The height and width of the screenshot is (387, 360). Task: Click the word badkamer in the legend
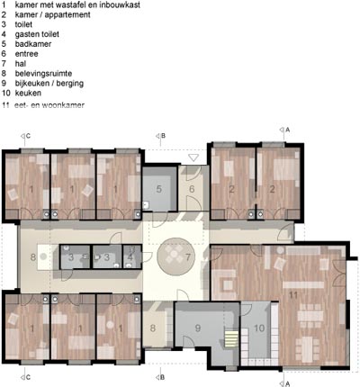click(x=33, y=44)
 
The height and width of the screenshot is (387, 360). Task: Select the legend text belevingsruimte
click(x=43, y=74)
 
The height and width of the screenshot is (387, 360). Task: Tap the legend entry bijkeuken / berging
click(x=49, y=84)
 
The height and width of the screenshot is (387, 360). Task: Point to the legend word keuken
click(x=28, y=93)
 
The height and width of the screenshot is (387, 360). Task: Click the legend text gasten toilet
click(x=37, y=34)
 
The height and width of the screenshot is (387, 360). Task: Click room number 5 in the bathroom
click(x=159, y=189)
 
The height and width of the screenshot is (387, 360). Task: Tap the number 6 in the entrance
click(x=192, y=189)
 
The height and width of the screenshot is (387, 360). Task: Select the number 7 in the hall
click(x=188, y=257)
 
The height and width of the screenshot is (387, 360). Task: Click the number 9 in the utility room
click(x=197, y=328)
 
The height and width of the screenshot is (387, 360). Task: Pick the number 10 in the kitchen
click(x=259, y=328)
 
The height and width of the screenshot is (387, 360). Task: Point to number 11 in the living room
click(x=293, y=295)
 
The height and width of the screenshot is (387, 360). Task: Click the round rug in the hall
click(x=176, y=256)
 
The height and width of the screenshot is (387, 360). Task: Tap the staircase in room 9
click(x=232, y=338)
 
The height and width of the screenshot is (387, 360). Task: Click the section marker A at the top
click(x=284, y=130)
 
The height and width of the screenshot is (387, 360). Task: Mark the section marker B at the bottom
click(x=160, y=377)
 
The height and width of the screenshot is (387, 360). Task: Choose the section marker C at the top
click(x=25, y=136)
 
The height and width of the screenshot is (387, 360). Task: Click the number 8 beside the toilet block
click(x=33, y=257)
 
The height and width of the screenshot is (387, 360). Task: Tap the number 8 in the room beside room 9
click(x=153, y=328)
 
